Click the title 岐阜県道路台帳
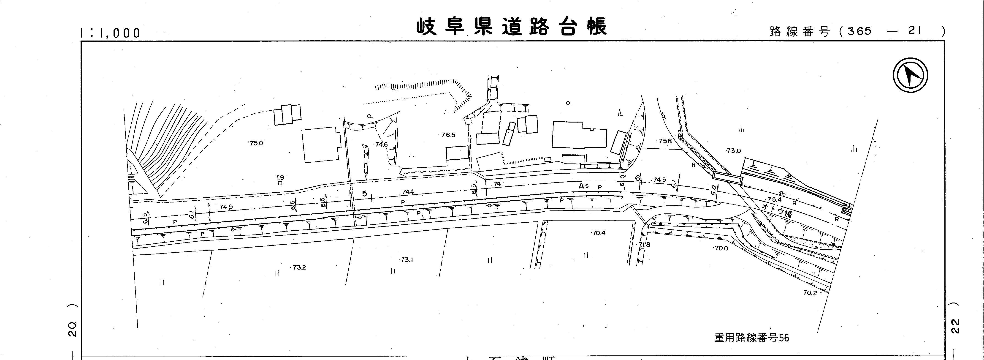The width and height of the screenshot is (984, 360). coord(511,27)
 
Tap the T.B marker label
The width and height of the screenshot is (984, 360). coord(280,178)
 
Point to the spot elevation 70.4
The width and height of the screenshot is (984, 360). coord(599,233)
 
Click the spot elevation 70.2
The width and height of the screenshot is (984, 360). coord(810,293)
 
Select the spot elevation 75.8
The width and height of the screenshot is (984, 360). coord(665,141)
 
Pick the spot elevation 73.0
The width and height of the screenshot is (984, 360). coord(733,151)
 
